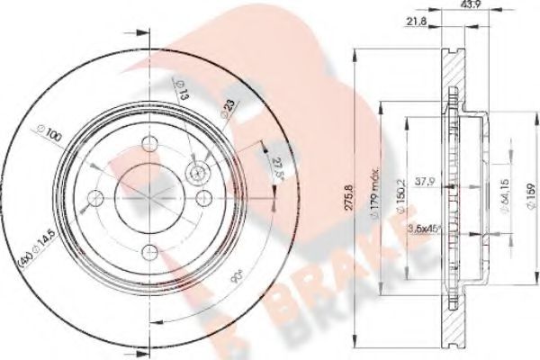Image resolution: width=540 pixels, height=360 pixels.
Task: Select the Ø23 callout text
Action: (228, 111)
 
